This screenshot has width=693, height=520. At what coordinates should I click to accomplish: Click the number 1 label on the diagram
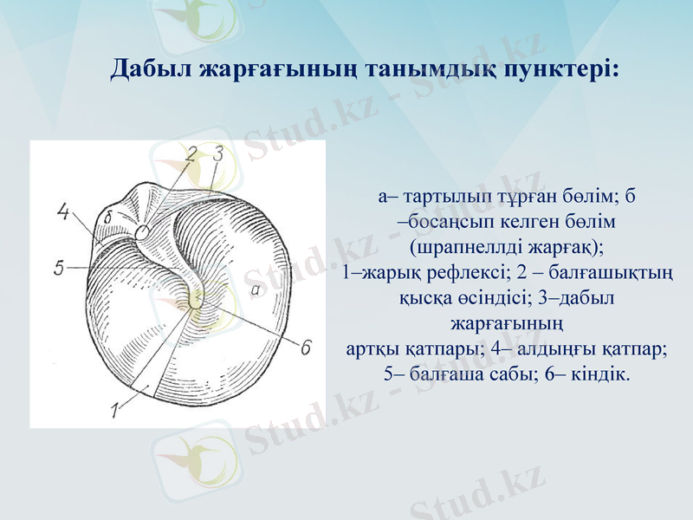click(116, 408)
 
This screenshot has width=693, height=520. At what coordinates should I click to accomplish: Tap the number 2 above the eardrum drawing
click(192, 155)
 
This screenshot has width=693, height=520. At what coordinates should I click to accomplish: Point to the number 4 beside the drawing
click(62, 211)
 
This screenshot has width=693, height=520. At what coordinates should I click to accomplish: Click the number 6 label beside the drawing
click(305, 348)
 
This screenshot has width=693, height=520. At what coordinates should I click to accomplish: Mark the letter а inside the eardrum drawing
click(256, 292)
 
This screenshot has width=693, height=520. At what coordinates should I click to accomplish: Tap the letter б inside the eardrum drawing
click(107, 216)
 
